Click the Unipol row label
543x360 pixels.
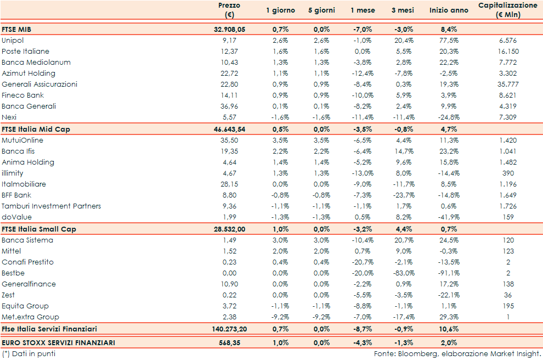click(13, 41)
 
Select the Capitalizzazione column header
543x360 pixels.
click(508, 10)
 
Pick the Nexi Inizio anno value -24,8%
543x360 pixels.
click(449, 117)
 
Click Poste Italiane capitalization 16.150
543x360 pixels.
click(508, 52)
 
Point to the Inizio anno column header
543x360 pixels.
click(449, 10)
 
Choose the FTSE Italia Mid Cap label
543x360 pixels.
click(36, 129)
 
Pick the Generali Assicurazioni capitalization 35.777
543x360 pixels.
click(508, 85)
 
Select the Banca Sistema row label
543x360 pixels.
click(27, 240)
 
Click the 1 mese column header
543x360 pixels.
click(363, 10)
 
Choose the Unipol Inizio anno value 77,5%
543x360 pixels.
click(449, 41)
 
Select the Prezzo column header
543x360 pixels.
click(229, 10)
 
